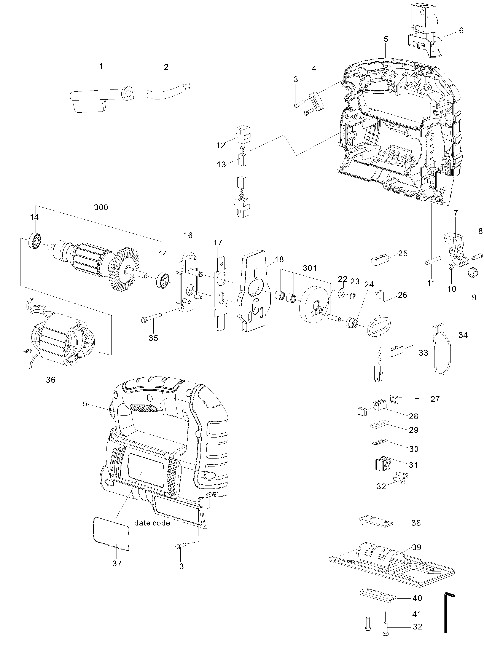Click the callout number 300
101,208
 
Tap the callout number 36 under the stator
51,380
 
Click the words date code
152,523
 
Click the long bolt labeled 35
151,317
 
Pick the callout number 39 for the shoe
417,547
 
